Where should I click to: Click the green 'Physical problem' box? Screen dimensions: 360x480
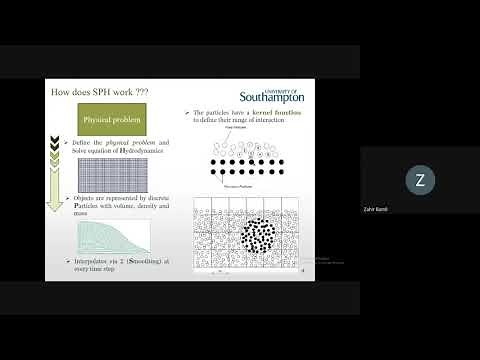click(112, 122)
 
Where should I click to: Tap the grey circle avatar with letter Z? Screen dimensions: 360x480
click(419, 180)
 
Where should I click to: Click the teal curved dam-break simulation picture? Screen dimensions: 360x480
click(113, 238)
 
